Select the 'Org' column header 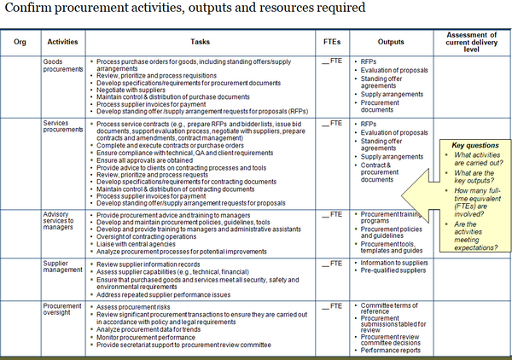20,40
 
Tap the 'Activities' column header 62,40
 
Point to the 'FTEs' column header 333,40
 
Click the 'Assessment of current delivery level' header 471,40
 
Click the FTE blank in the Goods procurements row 331,62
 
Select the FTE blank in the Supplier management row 331,264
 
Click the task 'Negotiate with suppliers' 134,89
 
